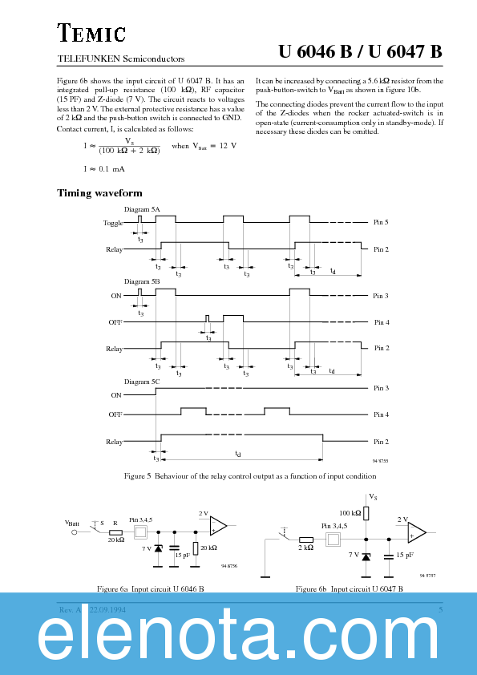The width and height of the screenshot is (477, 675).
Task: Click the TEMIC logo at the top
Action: point(91,34)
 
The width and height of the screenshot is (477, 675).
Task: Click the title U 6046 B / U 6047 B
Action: point(360,52)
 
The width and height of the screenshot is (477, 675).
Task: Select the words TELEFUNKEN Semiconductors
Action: point(121,59)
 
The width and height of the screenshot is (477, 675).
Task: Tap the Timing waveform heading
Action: point(99,192)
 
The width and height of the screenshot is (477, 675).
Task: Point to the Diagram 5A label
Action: point(144,209)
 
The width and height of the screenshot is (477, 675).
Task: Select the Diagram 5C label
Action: point(143,382)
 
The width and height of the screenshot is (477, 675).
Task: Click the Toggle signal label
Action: point(113,223)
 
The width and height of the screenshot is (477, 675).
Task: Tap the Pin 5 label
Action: point(381,222)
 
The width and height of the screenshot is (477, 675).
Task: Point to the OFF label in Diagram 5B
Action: point(115,322)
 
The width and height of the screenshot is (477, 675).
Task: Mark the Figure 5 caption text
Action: point(238,476)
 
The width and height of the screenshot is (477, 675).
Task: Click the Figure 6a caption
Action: point(150,588)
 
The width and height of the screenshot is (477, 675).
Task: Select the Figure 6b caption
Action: point(349,588)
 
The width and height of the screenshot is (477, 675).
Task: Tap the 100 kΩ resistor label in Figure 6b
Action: point(350,512)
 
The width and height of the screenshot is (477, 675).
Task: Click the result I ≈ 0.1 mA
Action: point(104,168)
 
